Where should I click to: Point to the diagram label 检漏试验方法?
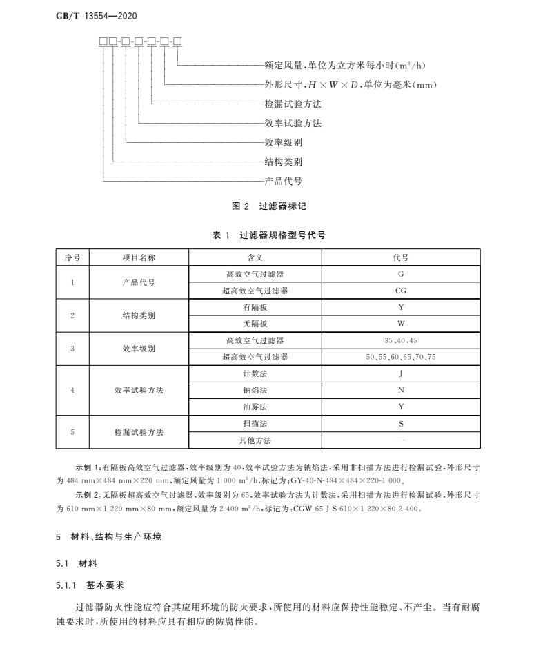(293, 104)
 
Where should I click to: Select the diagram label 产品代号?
(283, 182)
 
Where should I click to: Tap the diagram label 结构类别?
(283, 162)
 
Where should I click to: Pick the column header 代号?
(400, 257)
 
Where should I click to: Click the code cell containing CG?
(400, 291)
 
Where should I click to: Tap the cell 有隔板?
(255, 307)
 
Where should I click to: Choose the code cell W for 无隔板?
(400, 324)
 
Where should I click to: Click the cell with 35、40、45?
(400, 340)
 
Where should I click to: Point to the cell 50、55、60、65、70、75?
(400, 357)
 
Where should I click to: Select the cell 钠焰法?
(255, 390)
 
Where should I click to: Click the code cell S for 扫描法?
(400, 423)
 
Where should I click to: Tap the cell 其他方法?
(255, 440)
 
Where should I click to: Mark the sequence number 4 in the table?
(72, 390)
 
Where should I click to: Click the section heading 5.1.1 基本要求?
(90, 585)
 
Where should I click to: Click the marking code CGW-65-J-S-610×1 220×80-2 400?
(355, 509)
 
